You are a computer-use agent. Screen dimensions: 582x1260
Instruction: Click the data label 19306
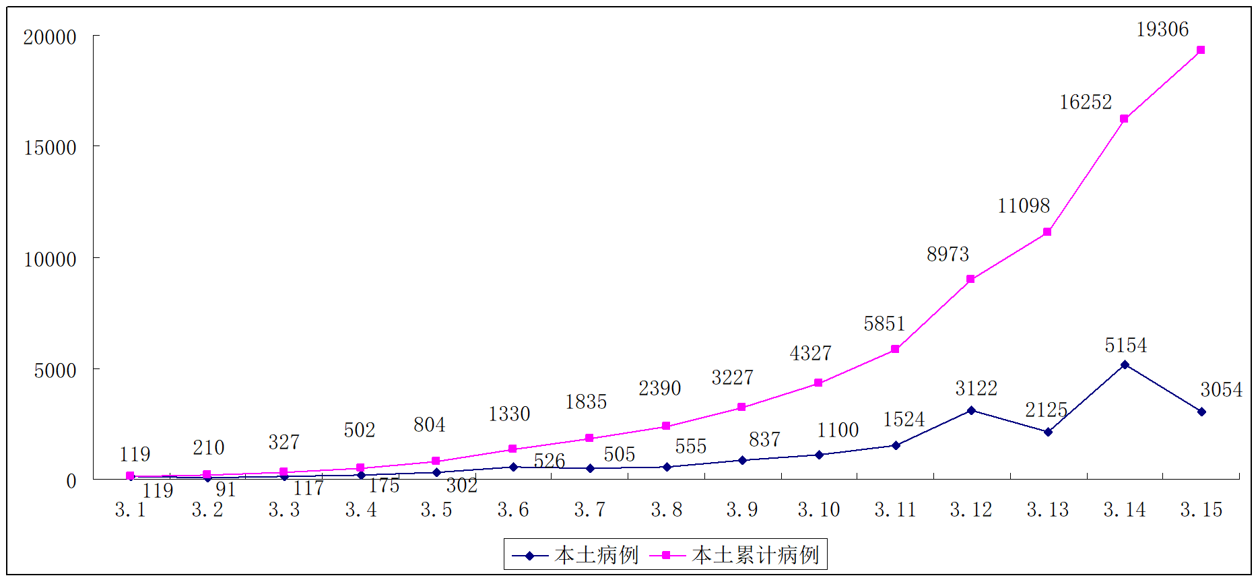[x=1162, y=30]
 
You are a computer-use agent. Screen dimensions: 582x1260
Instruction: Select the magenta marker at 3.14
[x=1124, y=119]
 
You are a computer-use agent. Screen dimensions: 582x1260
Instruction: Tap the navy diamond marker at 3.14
[x=1125, y=364]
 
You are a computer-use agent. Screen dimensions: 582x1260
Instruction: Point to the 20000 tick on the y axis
[x=50, y=37]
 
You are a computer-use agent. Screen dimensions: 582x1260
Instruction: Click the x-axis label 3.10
[x=819, y=510]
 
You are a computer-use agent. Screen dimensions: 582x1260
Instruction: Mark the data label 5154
[x=1125, y=346]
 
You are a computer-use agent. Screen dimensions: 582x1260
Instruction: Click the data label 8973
[x=948, y=255]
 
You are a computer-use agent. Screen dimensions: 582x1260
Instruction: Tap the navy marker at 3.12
[x=971, y=410]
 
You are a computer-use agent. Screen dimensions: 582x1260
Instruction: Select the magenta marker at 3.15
[x=1201, y=50]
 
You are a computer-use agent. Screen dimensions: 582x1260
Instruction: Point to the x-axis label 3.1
[x=131, y=510]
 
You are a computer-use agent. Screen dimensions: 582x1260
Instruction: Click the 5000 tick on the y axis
[x=55, y=370]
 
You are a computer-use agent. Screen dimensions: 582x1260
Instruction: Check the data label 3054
[x=1221, y=390]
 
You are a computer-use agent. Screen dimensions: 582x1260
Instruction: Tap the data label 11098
[x=1024, y=206]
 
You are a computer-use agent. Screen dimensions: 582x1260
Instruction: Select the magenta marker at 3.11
[x=895, y=349]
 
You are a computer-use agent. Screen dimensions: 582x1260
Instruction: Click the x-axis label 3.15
[x=1201, y=510]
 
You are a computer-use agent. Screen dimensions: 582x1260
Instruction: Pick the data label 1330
[x=509, y=414]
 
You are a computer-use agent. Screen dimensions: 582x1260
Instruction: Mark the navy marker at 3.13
[x=1048, y=432]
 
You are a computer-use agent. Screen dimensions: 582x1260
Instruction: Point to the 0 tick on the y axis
[x=71, y=481]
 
